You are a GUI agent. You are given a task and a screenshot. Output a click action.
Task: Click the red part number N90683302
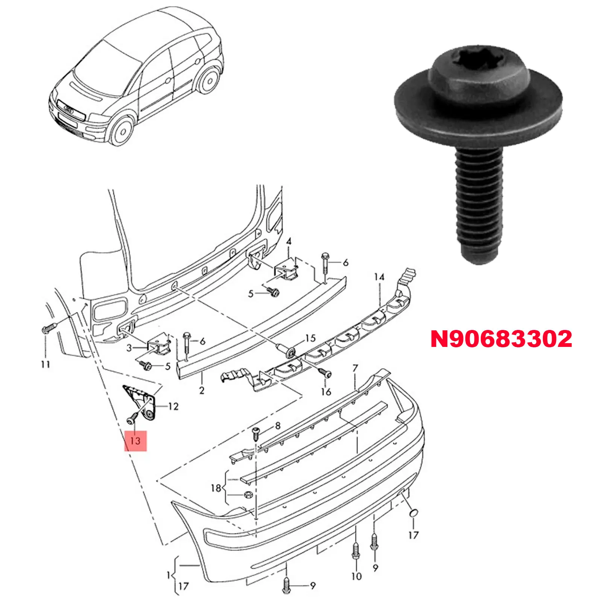[501, 339]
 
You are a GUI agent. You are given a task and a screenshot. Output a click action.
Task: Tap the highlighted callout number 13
[135, 440]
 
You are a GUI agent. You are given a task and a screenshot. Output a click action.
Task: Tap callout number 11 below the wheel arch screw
[46, 364]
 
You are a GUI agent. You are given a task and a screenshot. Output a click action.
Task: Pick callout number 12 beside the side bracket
[173, 406]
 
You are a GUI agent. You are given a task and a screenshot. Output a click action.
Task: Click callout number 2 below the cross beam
[202, 390]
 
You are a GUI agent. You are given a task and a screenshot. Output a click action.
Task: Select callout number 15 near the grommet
[310, 338]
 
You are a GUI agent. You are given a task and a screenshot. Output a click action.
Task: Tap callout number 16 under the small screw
[326, 392]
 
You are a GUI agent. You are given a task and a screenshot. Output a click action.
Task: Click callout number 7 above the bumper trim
[355, 368]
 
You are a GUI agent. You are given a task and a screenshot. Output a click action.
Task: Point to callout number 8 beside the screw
[278, 426]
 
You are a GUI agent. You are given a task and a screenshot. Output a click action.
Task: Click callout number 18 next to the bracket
[216, 488]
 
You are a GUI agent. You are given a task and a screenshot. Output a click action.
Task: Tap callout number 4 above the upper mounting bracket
[289, 241]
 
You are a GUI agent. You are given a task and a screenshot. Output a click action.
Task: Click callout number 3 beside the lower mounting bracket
[129, 348]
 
